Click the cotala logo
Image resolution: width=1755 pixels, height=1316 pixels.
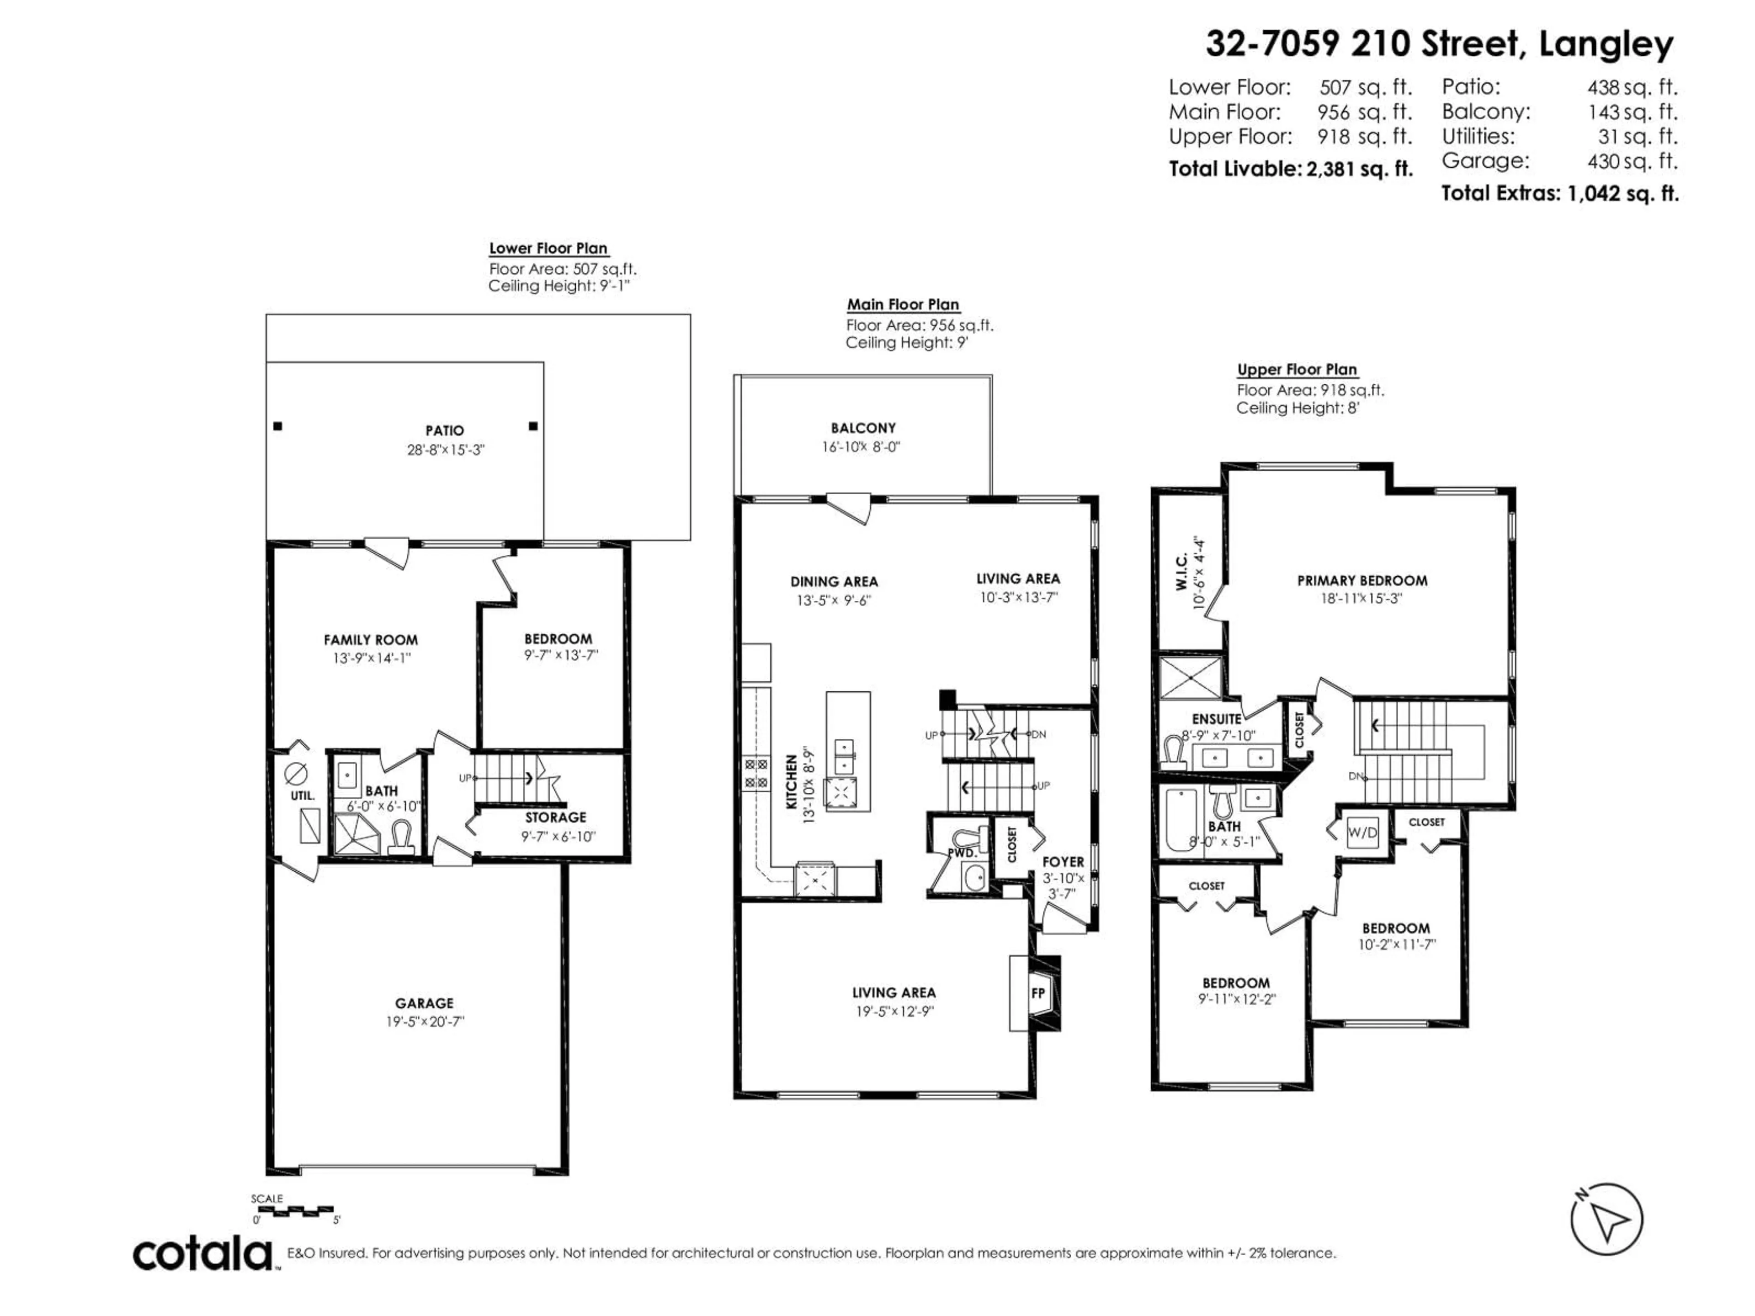click(202, 1254)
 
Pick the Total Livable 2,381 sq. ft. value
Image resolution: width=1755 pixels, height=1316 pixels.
click(1360, 169)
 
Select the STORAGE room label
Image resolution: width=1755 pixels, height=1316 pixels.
click(555, 817)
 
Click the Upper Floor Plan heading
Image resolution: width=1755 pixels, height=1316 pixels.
click(1297, 370)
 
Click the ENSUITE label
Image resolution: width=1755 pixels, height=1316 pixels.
click(1216, 720)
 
